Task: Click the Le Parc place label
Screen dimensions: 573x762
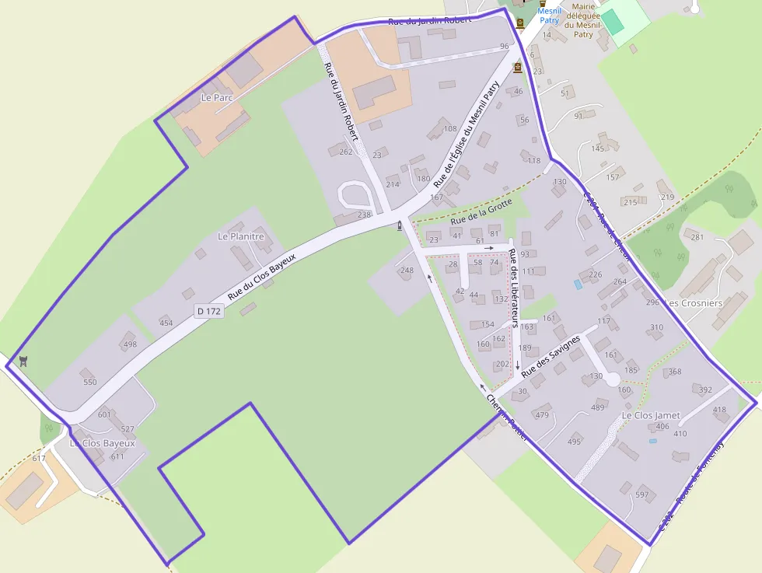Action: [x=217, y=98]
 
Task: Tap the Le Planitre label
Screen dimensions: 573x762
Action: [x=241, y=236]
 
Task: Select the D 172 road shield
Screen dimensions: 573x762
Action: [x=209, y=311]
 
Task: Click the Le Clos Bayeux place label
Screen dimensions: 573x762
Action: [x=103, y=443]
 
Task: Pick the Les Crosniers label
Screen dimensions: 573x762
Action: [x=695, y=302]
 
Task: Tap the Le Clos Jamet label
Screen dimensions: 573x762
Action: [x=651, y=416]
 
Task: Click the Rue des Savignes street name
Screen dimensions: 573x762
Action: [x=551, y=355]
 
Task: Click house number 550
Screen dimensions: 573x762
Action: [x=90, y=383]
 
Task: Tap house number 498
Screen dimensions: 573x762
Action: [x=130, y=344]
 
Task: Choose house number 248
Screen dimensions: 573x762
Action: [x=407, y=271]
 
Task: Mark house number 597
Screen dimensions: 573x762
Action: [x=641, y=494]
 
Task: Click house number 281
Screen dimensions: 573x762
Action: [x=697, y=237]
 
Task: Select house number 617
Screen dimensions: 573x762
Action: [x=39, y=459]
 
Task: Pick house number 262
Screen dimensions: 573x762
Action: [x=346, y=152]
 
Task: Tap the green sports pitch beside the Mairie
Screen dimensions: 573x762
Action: [x=613, y=21]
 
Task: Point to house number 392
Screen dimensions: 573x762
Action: [x=705, y=390]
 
